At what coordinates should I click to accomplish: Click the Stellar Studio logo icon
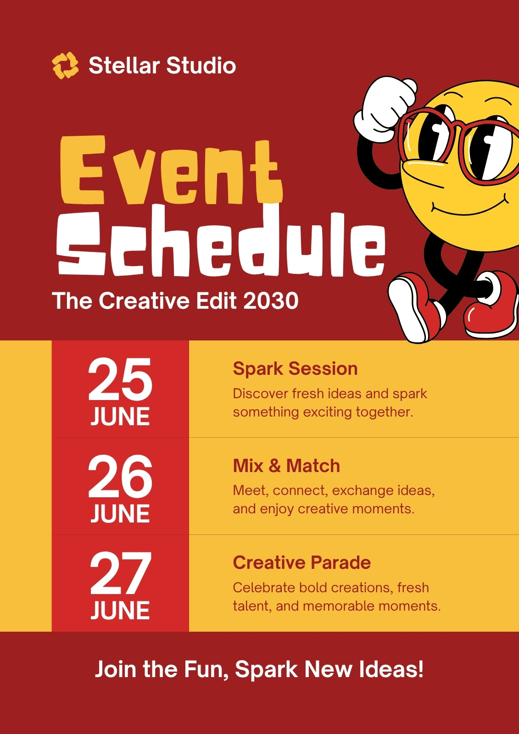65,66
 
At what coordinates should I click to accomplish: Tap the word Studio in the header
201,65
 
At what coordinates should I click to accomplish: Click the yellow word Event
171,170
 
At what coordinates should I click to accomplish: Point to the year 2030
271,300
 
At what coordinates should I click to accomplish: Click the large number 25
120,379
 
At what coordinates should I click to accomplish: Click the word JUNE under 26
120,513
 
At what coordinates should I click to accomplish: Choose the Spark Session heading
295,369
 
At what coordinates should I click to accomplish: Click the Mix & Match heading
286,466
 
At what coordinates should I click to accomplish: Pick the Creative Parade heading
301,562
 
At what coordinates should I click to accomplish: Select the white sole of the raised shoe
406,310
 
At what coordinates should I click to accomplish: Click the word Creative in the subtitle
144,300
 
